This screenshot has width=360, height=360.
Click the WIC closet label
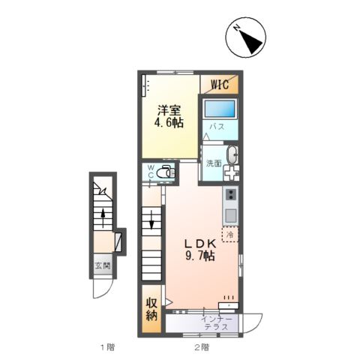click(x=220, y=84)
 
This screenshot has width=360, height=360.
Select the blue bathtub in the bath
click(x=220, y=109)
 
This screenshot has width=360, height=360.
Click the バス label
click(x=217, y=127)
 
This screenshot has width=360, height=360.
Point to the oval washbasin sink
click(x=232, y=155)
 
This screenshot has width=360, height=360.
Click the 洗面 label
click(x=214, y=163)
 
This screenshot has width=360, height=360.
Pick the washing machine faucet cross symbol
click(x=231, y=172)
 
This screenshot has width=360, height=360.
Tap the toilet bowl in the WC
click(x=165, y=172)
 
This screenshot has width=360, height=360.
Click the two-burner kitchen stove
click(x=230, y=194)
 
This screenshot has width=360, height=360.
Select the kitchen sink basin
click(x=230, y=215)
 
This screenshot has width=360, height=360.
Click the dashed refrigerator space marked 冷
click(x=230, y=235)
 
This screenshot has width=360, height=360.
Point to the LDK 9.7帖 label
click(x=200, y=250)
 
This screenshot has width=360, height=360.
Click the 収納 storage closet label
click(x=151, y=309)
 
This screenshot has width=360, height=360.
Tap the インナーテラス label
click(x=217, y=322)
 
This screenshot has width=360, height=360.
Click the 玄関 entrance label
click(x=103, y=266)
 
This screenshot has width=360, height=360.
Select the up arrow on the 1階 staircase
click(x=103, y=217)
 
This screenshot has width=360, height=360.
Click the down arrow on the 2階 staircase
click(x=151, y=220)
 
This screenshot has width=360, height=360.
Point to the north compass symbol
click(x=246, y=37)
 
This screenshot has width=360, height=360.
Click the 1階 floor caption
click(x=108, y=347)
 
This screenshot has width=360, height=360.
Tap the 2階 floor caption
click(x=202, y=347)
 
